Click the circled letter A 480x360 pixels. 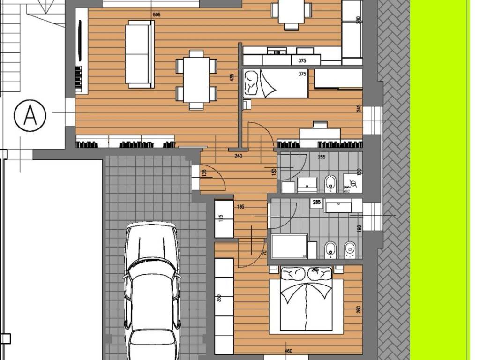[x=30, y=115]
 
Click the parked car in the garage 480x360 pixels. [x=151, y=291]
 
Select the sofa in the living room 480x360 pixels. [x=139, y=54]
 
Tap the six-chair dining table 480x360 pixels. [x=196, y=79]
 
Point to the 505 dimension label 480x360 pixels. [x=157, y=15]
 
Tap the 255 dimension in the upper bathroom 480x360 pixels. [x=322, y=157]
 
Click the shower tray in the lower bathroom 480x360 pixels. [x=289, y=246]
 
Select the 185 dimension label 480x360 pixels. [x=241, y=206]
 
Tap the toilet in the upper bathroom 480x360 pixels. [x=330, y=183]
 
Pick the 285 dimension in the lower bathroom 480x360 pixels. [x=316, y=202]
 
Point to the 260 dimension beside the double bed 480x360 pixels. [x=359, y=309]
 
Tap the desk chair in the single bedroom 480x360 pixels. [x=320, y=125]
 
